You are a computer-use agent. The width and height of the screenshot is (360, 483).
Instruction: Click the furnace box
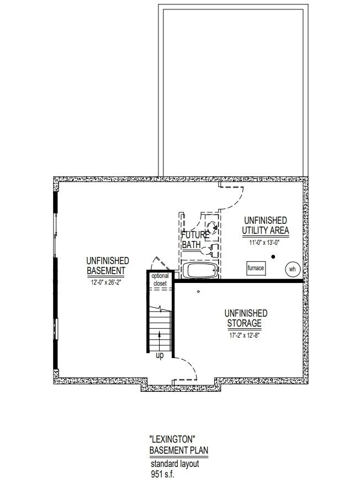click(x=256, y=268)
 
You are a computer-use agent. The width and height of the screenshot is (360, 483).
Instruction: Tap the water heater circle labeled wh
click(x=292, y=269)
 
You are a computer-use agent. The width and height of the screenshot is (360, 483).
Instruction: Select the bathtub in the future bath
click(x=200, y=270)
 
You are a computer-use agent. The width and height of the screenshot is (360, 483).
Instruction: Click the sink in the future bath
click(x=213, y=228)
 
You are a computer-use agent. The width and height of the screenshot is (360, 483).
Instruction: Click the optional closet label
click(x=160, y=280)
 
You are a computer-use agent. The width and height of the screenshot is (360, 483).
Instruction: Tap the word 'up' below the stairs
click(x=160, y=355)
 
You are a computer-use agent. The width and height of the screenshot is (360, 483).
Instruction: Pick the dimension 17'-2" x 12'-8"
click(x=245, y=335)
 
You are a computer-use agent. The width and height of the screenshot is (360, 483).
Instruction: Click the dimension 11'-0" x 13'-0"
click(x=264, y=243)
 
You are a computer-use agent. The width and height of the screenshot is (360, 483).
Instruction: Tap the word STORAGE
click(x=244, y=323)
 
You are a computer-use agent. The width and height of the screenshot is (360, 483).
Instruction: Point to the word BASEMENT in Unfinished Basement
click(x=106, y=271)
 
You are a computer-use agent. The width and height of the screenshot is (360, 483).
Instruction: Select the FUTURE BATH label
click(x=195, y=240)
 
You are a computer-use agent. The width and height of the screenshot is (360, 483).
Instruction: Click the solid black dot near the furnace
click(x=273, y=256)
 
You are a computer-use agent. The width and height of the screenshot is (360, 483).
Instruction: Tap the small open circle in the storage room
click(x=198, y=291)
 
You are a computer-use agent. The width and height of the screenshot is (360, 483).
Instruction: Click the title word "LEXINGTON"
click(x=173, y=439)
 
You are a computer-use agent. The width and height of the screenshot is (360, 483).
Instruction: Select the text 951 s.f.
click(x=162, y=474)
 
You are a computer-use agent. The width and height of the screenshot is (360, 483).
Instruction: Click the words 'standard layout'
click(x=175, y=464)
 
